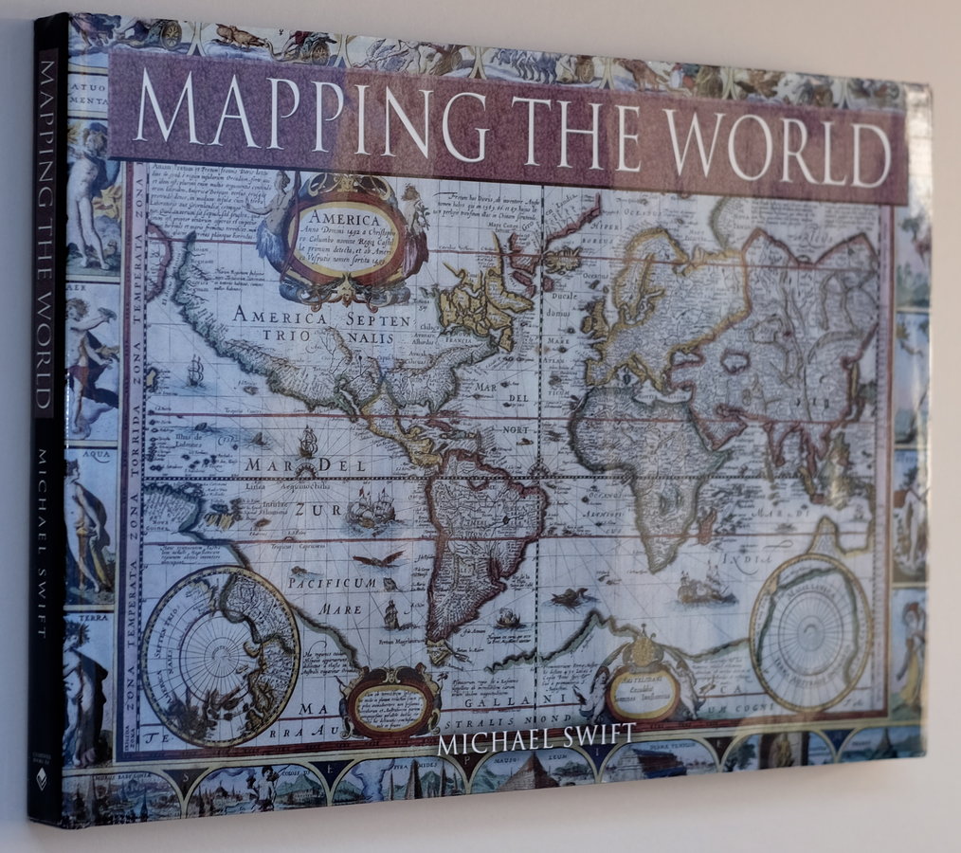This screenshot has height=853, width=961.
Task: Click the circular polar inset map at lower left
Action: point(220,656)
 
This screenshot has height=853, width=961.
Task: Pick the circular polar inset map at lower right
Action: point(811,631)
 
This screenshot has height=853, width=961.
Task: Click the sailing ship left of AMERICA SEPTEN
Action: point(195,371)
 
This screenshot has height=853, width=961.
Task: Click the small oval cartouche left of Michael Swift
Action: point(391,702)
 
